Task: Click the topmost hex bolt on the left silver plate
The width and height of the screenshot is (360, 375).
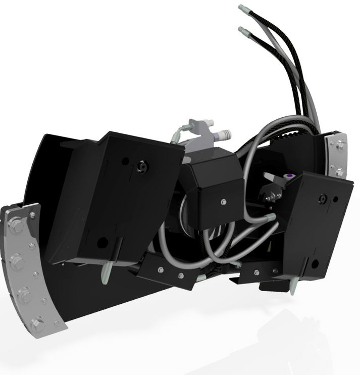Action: tap(15, 222)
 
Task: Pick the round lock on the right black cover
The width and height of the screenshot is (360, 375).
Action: tap(321, 199)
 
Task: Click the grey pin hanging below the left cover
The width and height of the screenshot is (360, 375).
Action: tap(106, 272)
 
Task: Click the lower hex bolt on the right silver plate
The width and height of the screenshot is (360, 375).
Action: tap(340, 172)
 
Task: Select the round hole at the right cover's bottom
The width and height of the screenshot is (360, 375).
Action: tap(315, 263)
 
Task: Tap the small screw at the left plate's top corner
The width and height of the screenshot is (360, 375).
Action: tap(32, 215)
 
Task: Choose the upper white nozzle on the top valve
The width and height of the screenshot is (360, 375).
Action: tap(208, 123)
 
